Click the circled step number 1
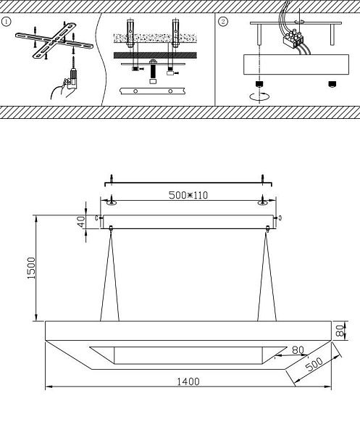tap(6, 22)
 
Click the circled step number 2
tap(223, 22)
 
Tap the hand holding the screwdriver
tap(63, 88)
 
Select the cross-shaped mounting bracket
tap(54, 41)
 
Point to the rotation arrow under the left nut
tap(259, 96)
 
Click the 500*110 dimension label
tap(188, 195)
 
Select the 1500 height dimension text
tap(31, 268)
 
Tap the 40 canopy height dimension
tap(81, 222)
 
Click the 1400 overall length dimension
tap(188, 382)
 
